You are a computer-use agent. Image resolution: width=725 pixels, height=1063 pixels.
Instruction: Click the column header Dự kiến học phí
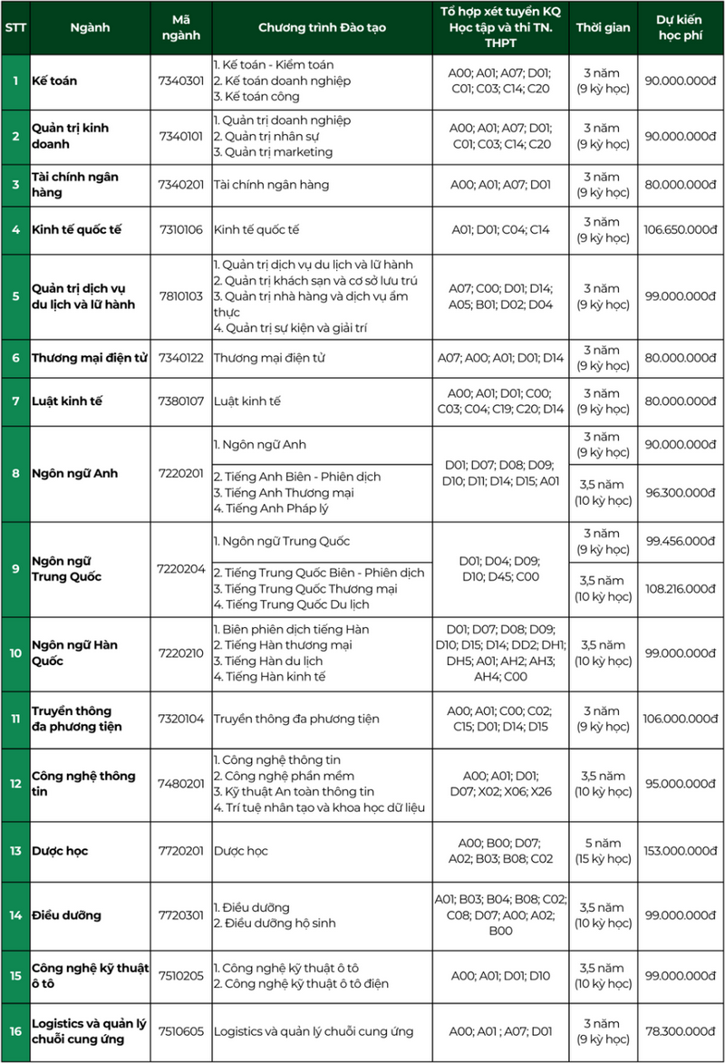tap(681, 27)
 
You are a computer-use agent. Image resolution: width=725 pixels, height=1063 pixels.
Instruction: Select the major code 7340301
tap(181, 81)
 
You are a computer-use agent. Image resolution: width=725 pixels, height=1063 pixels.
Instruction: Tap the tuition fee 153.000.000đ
tap(681, 851)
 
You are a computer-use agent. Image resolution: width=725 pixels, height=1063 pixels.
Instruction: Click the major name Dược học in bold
tap(60, 851)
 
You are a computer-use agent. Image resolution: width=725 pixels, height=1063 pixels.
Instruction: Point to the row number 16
tap(15, 1030)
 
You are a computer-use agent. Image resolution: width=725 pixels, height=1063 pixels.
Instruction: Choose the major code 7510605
tap(181, 1030)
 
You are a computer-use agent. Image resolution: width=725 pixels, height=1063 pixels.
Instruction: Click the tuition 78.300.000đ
tap(681, 1030)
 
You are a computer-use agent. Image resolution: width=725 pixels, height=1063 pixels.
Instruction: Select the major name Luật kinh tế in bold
tap(67, 401)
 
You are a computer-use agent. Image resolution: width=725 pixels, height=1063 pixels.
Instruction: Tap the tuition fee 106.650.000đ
tap(681, 229)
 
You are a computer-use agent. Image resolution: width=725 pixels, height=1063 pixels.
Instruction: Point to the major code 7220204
tap(181, 568)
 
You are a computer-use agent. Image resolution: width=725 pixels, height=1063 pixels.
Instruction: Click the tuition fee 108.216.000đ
tap(681, 588)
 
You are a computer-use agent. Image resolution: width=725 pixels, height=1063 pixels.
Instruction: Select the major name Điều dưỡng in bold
tap(66, 915)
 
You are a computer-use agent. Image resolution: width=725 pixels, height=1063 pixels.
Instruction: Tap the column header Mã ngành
tap(181, 27)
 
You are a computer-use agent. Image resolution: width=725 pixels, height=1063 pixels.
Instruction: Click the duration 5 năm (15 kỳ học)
tap(604, 851)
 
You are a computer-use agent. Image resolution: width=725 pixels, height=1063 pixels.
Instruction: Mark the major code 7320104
tap(181, 719)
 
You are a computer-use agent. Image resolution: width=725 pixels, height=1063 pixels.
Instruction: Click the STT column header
tap(15, 27)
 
